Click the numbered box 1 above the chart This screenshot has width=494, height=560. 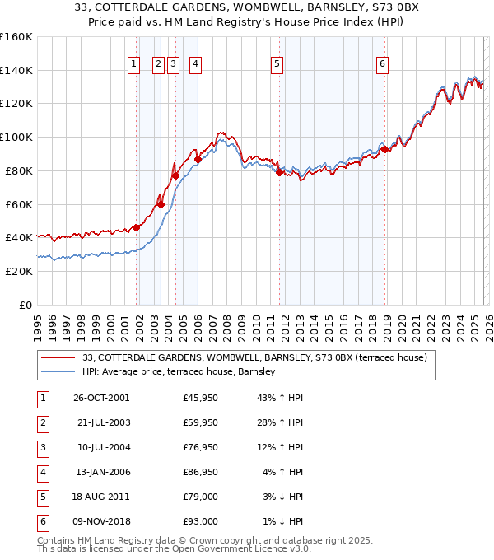(133, 66)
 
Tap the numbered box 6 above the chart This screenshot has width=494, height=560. (383, 66)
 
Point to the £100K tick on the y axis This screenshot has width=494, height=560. (16, 137)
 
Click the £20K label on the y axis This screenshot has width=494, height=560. (19, 271)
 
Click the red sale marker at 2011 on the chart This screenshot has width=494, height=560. (280, 172)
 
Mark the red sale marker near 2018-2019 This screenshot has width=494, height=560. (384, 149)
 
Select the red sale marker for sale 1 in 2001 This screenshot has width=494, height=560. (136, 228)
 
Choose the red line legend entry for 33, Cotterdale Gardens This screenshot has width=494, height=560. (254, 358)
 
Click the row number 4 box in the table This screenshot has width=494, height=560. (41, 473)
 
